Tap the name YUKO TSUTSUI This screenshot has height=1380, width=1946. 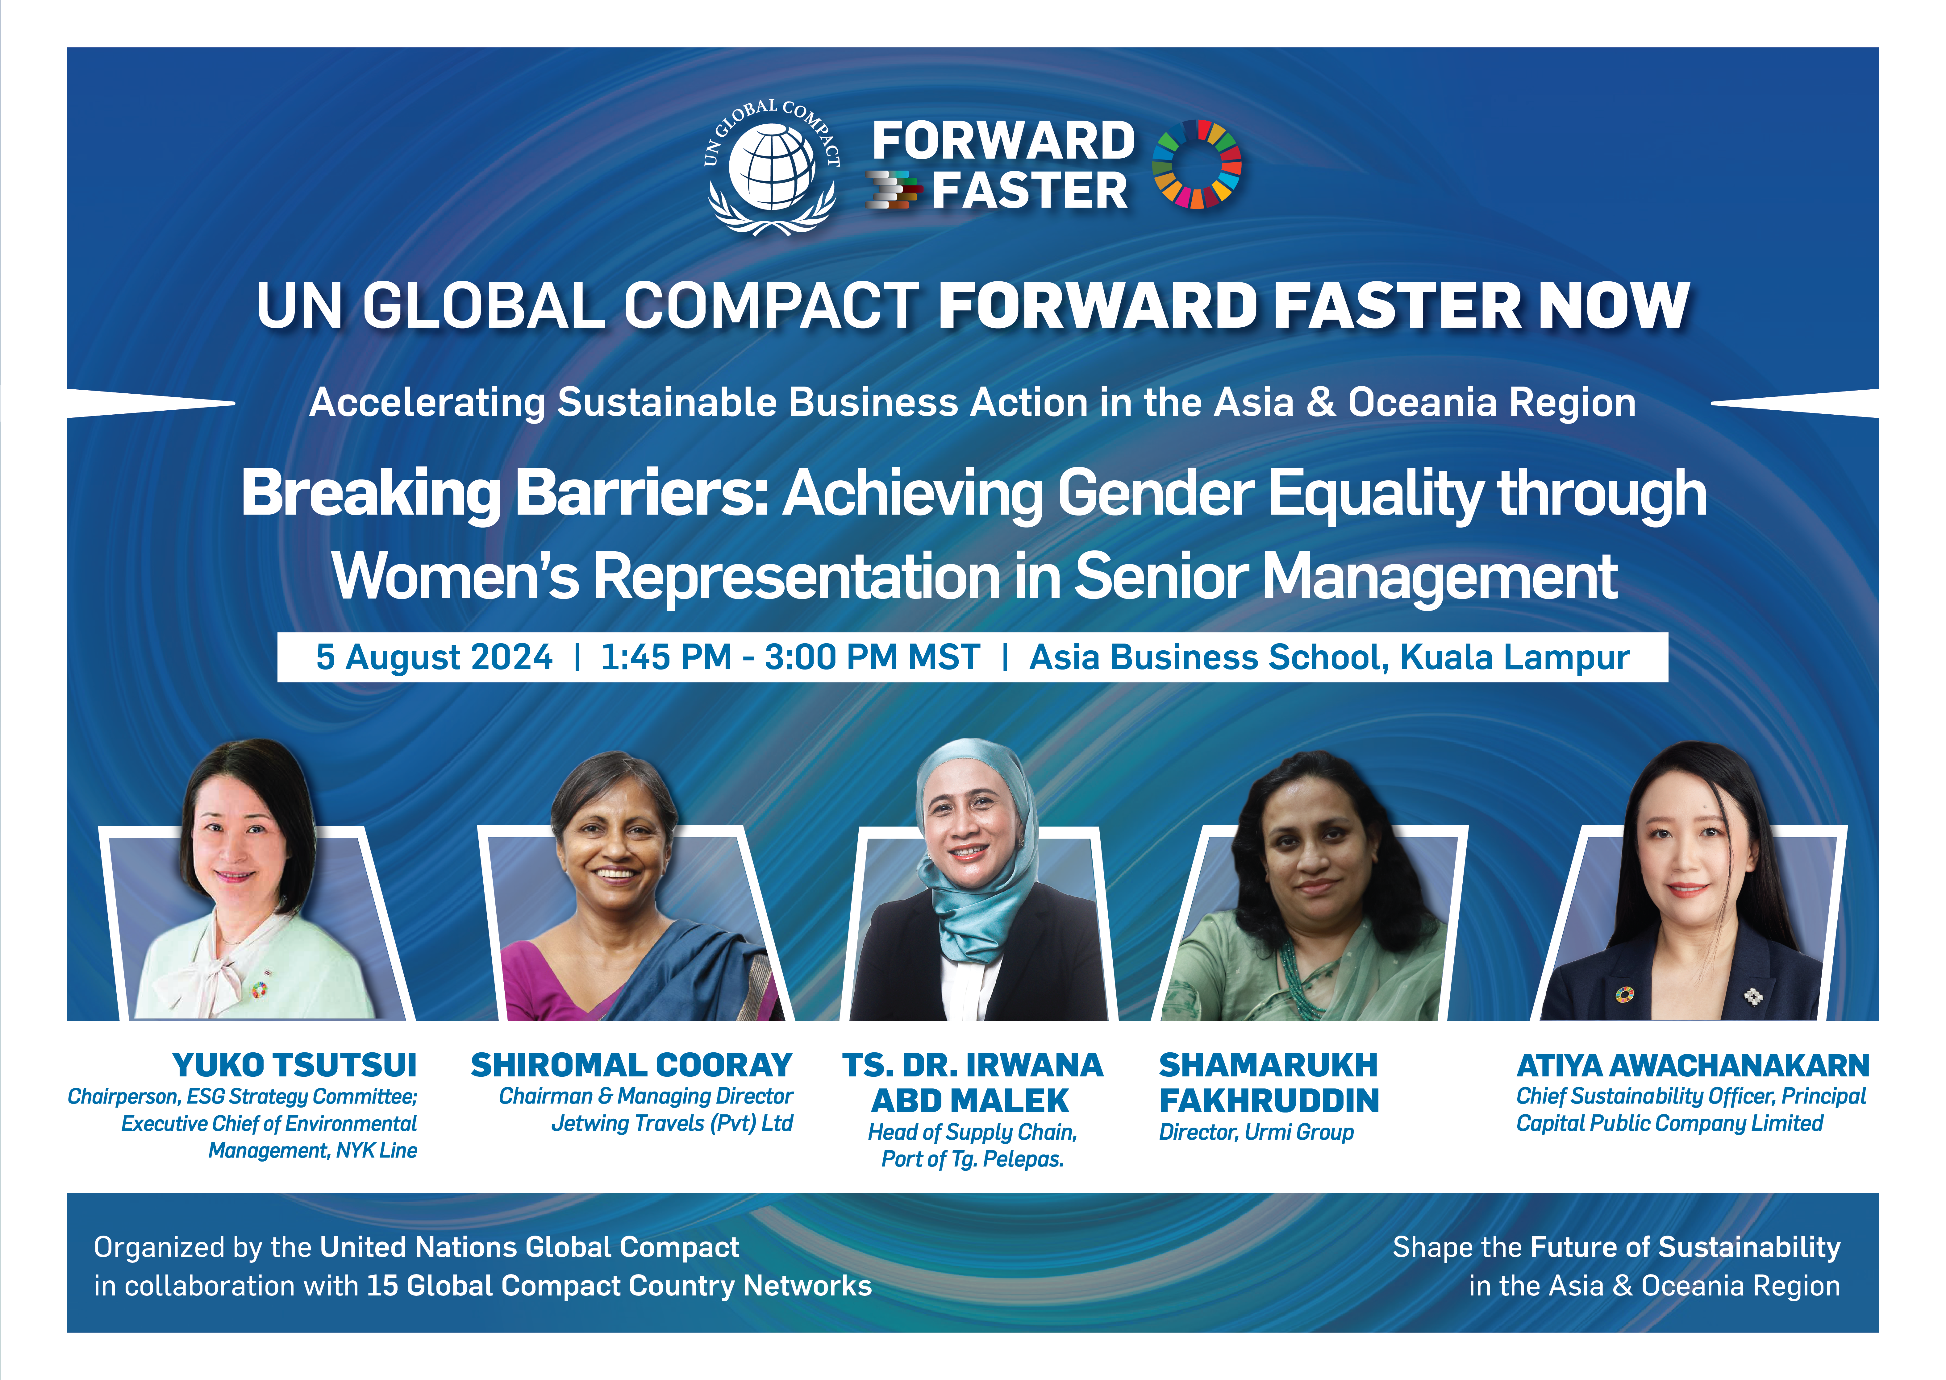(x=294, y=1065)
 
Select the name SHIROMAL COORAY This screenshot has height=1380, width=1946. (x=632, y=1065)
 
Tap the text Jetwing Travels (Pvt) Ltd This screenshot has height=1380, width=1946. (x=672, y=1123)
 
